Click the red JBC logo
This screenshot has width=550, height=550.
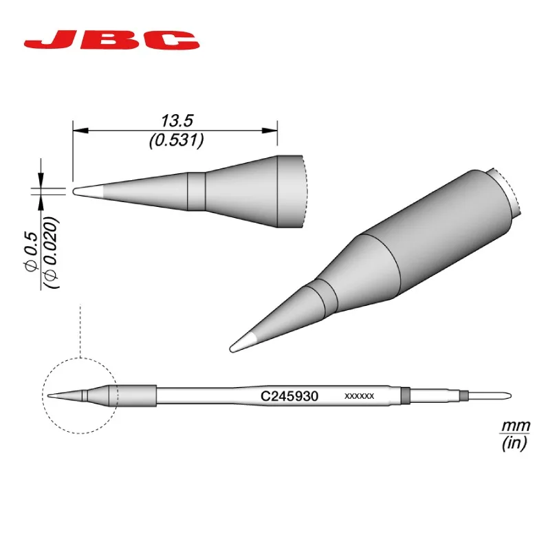click(x=111, y=41)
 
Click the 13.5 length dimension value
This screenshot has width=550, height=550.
click(x=177, y=121)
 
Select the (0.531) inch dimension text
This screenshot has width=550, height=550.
click(x=177, y=141)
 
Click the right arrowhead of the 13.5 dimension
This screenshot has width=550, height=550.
click(x=269, y=131)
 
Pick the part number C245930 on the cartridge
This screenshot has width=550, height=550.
click(x=289, y=396)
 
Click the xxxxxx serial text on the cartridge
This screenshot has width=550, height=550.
click(x=359, y=397)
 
